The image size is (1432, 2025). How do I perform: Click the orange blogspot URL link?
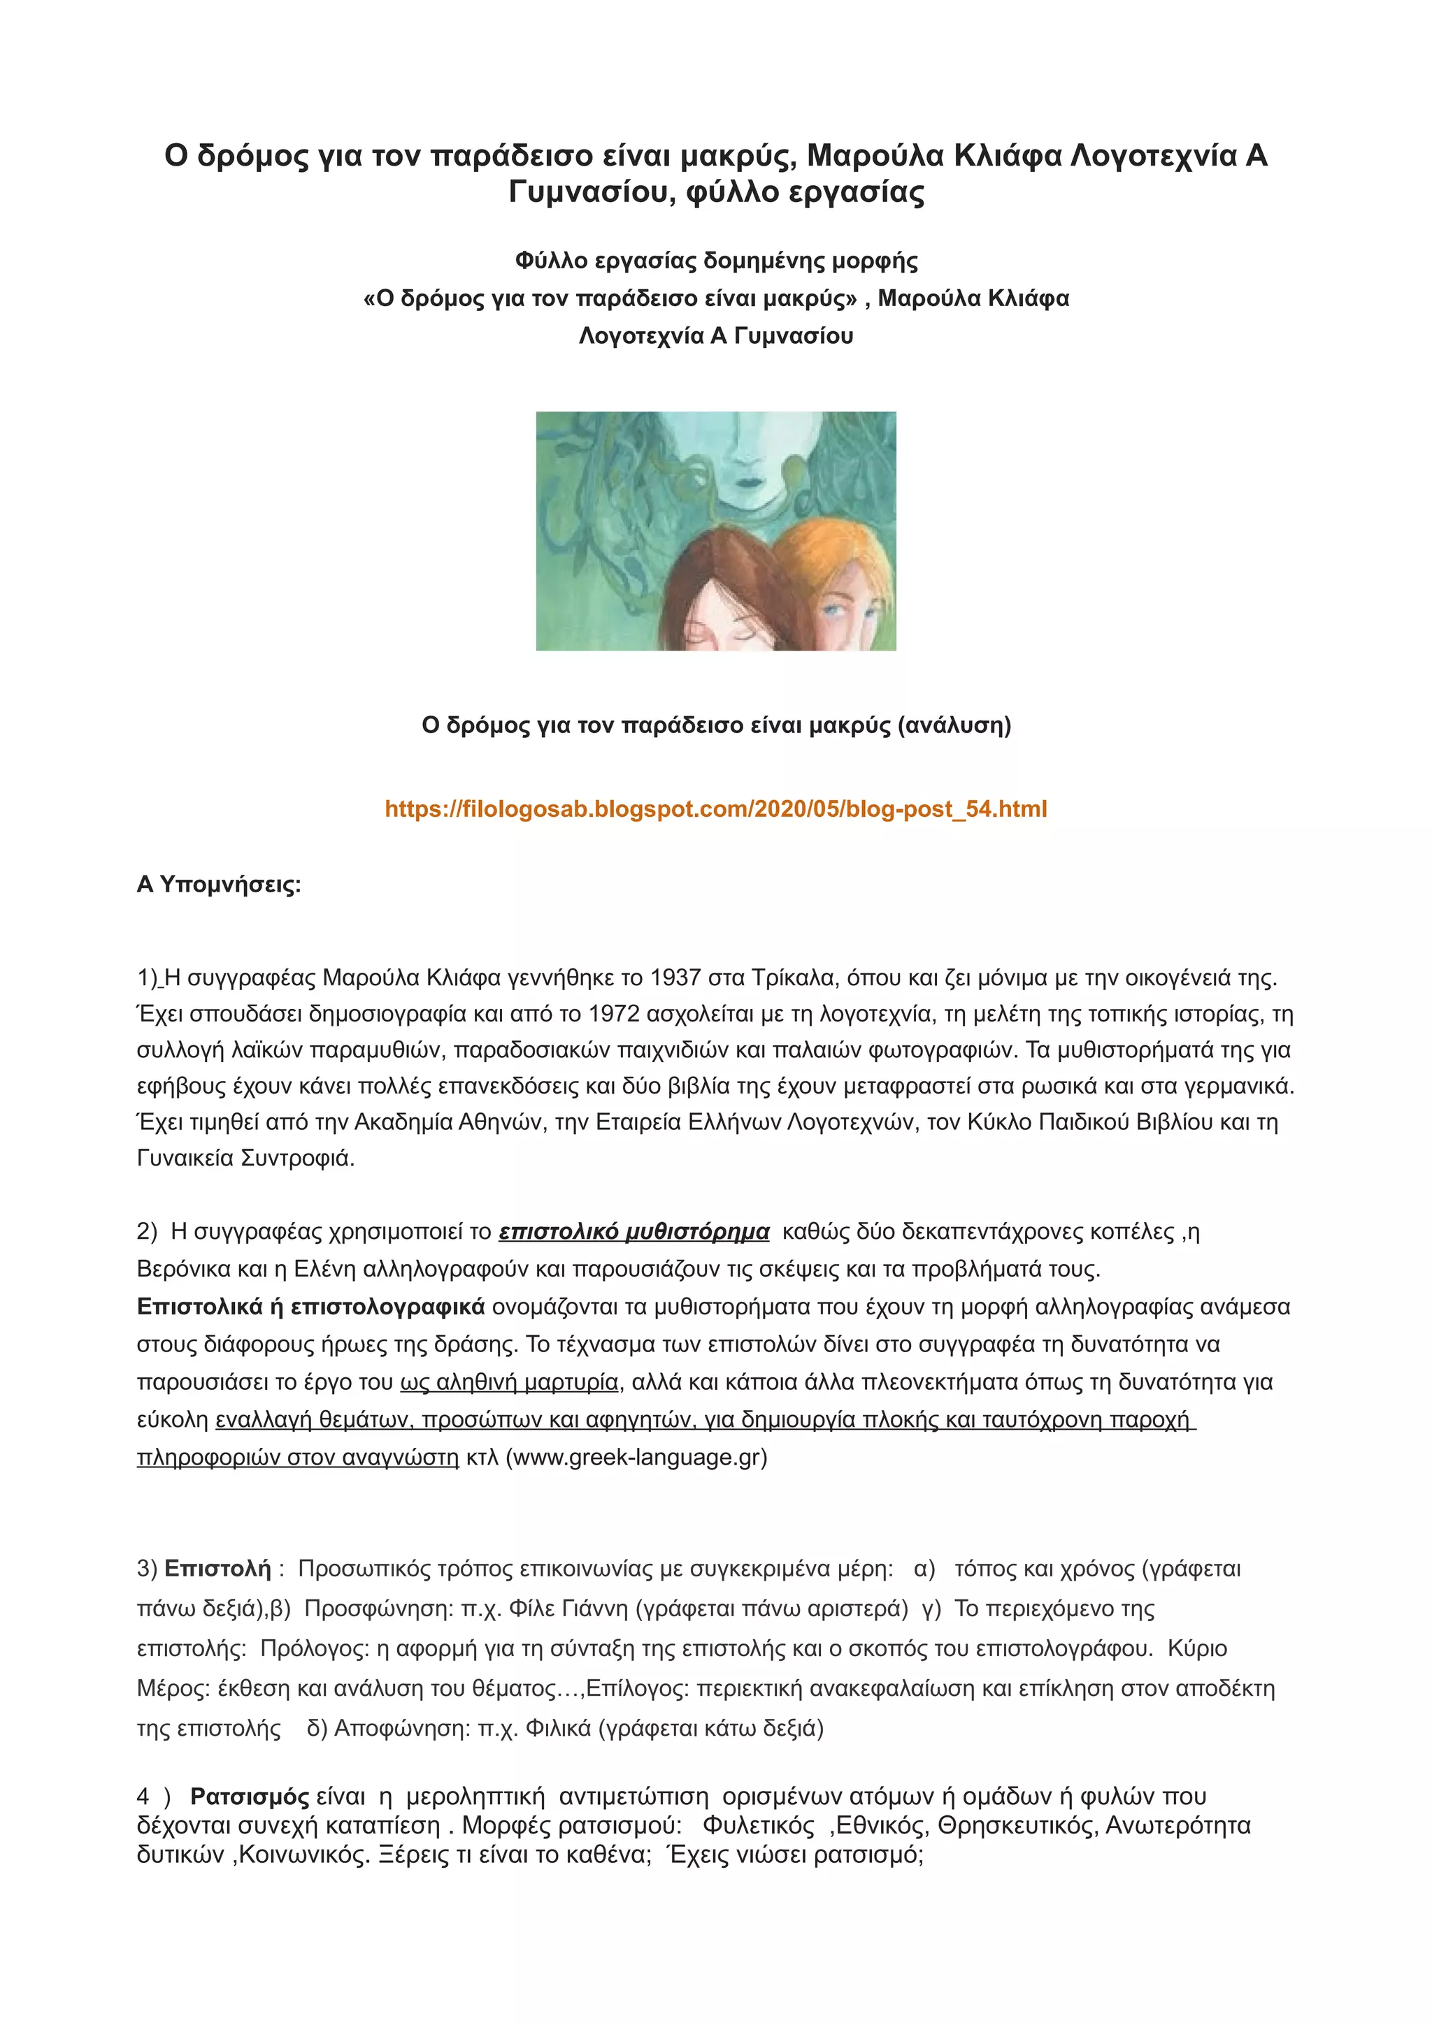click(x=715, y=808)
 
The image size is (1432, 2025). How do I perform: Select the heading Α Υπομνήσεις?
click(x=219, y=885)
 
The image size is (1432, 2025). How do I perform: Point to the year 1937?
click(x=674, y=978)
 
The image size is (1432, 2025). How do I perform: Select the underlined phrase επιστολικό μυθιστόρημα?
click(x=633, y=1232)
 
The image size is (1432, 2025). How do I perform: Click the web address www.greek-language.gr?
click(x=636, y=1457)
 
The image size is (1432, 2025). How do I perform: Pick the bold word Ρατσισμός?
click(x=250, y=1796)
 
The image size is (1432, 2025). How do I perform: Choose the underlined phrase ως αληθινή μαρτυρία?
click(x=509, y=1382)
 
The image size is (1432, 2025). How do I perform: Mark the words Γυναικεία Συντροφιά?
click(x=245, y=1158)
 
